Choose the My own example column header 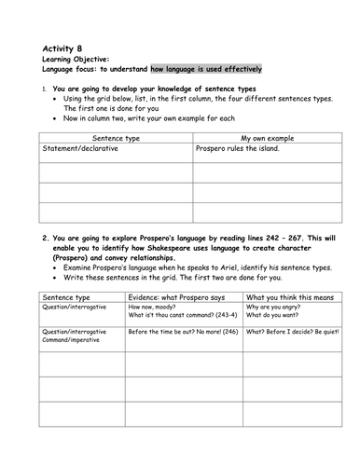click(x=253, y=136)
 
